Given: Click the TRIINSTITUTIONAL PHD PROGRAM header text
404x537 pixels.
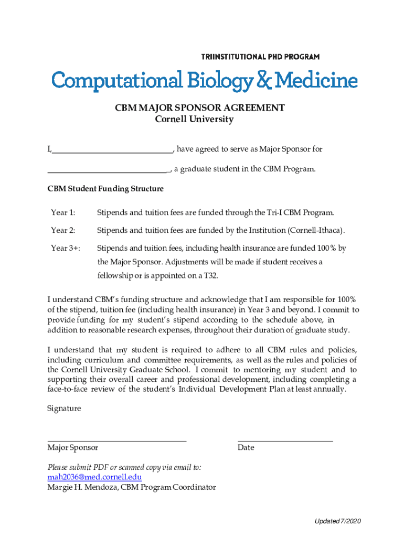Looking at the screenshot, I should coord(260,57).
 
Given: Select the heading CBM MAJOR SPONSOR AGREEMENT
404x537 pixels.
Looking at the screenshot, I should coord(200,108).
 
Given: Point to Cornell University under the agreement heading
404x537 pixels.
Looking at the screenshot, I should coord(194,119).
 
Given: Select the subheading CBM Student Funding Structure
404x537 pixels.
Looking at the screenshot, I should coord(105,188).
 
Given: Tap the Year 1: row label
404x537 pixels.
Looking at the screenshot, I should coord(63,212).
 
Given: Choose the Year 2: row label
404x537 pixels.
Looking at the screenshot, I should coord(63,230).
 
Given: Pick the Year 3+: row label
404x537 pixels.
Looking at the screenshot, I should coord(66,248).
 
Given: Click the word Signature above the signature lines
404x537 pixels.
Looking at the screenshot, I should coord(64,408).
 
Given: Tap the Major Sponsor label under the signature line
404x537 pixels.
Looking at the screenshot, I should coord(72,448).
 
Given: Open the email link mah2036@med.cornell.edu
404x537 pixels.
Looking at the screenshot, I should coord(94,477).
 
